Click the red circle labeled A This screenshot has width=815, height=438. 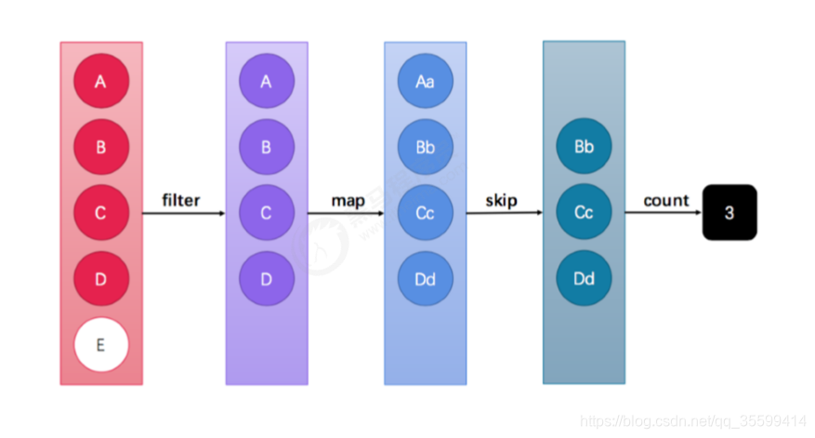coord(100,82)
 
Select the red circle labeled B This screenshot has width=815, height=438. coord(100,147)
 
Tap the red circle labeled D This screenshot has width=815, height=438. coord(100,279)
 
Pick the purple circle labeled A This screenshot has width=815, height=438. coord(266,82)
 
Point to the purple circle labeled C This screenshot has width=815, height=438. coord(266,213)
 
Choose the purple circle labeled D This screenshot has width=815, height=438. coord(266,279)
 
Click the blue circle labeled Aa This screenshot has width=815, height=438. coord(425,82)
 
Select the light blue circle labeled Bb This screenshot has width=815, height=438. coord(425,147)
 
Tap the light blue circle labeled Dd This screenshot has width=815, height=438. coord(425,279)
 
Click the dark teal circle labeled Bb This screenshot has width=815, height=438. coord(584,147)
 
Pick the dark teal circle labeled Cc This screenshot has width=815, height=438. coord(584,213)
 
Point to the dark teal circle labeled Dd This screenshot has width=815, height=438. coord(584,279)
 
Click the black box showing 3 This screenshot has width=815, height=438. coord(730,213)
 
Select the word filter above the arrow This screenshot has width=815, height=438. coord(180,201)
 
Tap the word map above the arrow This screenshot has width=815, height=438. coord(348,201)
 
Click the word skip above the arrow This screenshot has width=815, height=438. coord(501,201)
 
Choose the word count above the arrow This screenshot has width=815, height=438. coord(665,201)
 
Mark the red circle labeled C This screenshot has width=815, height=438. coord(100,213)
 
